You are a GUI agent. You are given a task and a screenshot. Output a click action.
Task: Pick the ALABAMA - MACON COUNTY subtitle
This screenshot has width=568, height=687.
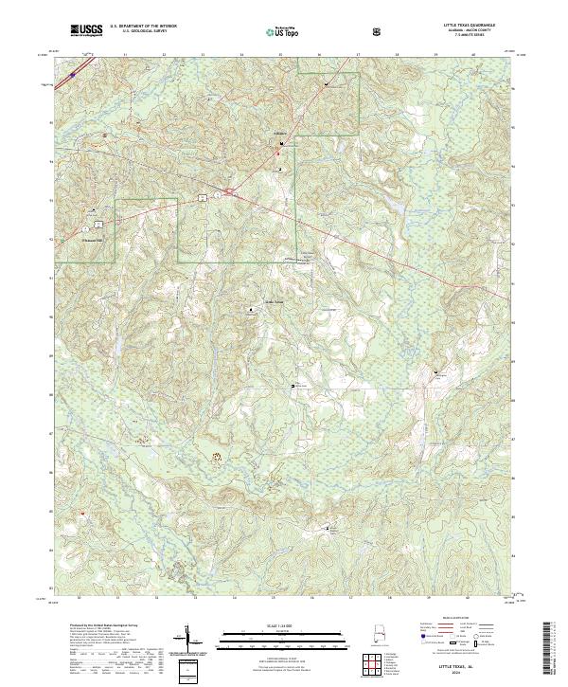coord(473,31)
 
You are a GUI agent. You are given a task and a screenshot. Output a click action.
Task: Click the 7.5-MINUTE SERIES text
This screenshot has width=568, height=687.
coord(473,36)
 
